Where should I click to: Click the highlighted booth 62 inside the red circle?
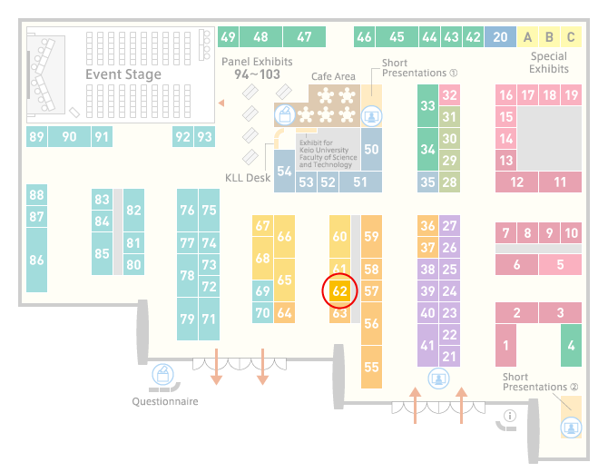(x=339, y=290)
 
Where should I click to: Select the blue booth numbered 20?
(x=500, y=37)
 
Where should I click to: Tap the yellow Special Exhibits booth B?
(x=549, y=37)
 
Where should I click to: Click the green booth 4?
(x=571, y=345)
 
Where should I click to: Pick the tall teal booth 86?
(x=36, y=260)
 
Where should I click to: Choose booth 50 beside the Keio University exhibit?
(x=371, y=150)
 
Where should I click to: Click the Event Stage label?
(x=123, y=74)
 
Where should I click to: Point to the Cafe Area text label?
(x=333, y=76)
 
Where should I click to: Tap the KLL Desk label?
(x=248, y=178)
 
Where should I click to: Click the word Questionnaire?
(x=165, y=401)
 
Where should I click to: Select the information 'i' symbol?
(x=509, y=416)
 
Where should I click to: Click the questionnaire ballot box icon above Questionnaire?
(x=162, y=375)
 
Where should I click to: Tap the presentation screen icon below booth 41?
(x=438, y=379)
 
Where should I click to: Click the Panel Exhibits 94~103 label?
(x=257, y=68)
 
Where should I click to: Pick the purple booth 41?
(x=427, y=345)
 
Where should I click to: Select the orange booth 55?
(x=371, y=367)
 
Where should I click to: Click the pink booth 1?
(x=505, y=345)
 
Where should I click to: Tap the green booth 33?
(x=427, y=105)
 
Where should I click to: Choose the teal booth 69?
(x=262, y=290)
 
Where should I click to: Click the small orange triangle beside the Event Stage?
(x=221, y=103)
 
